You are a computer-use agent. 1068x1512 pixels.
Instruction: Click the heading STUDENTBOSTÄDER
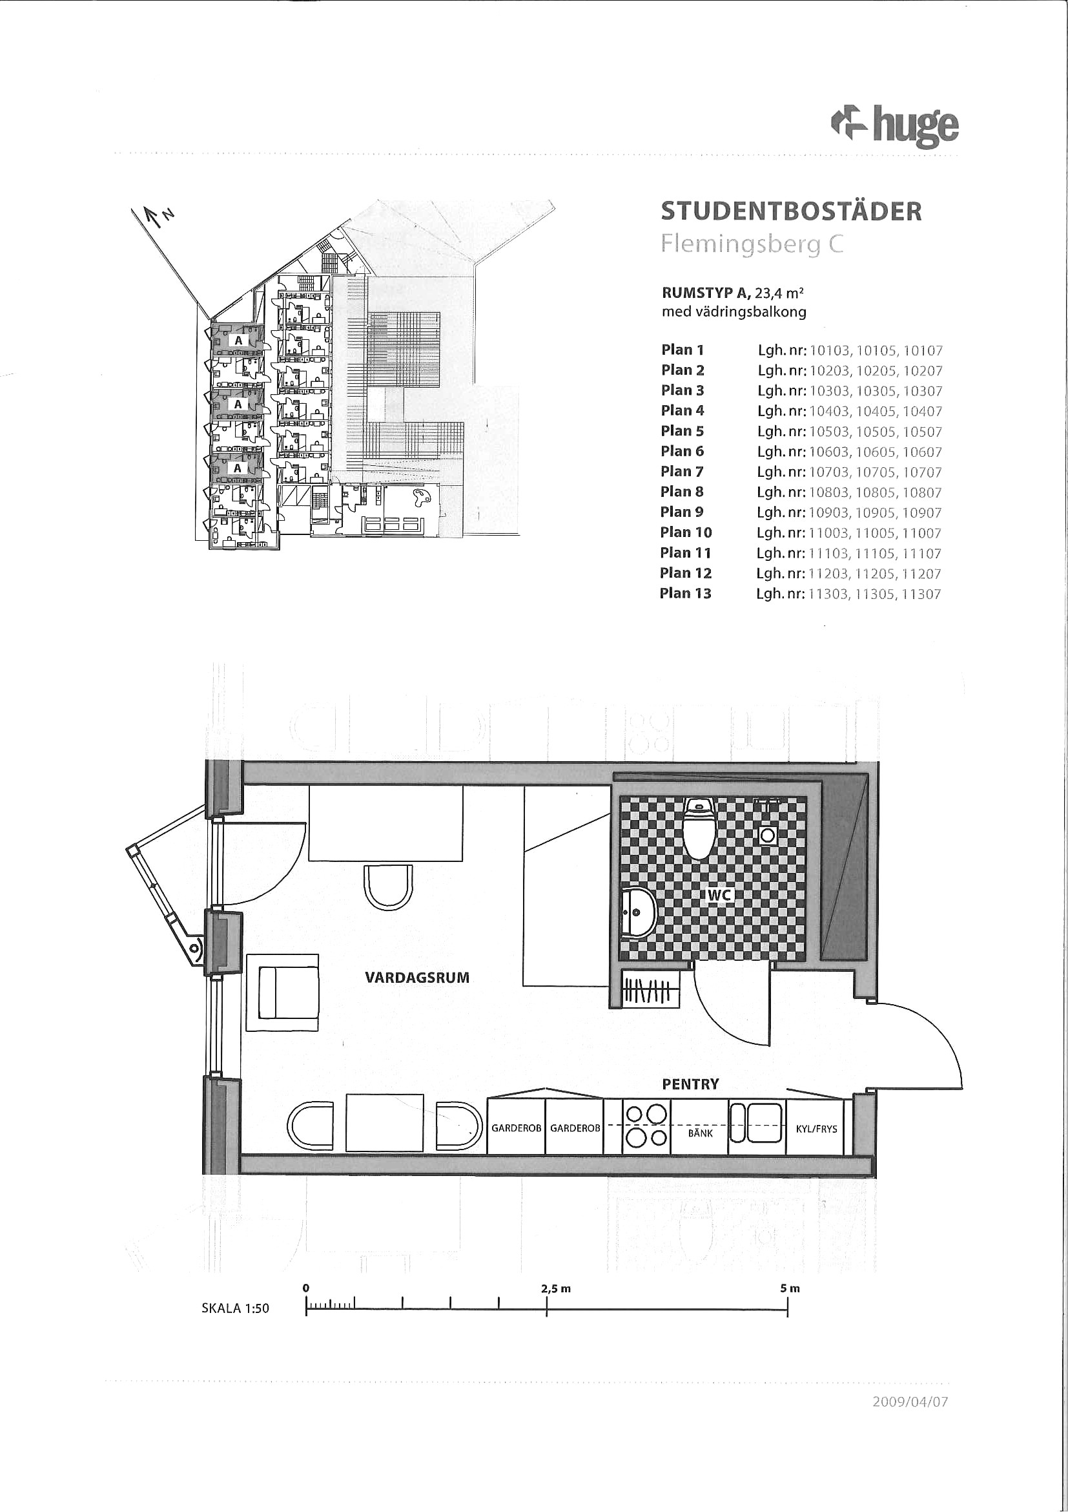pyautogui.click(x=791, y=211)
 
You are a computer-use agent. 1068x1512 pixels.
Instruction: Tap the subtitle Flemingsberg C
pyautogui.click(x=752, y=245)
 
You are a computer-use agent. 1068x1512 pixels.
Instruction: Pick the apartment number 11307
pyautogui.click(x=921, y=594)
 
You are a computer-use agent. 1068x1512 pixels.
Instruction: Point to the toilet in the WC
pyautogui.click(x=699, y=828)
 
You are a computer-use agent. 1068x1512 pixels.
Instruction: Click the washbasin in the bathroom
pyautogui.click(x=639, y=913)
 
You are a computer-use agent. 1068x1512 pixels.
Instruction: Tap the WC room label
pyautogui.click(x=719, y=895)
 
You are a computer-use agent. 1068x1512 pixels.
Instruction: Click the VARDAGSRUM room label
pyautogui.click(x=417, y=978)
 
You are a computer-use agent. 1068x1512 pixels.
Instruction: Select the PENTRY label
pyautogui.click(x=690, y=1084)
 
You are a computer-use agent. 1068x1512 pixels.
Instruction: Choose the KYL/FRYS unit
pyautogui.click(x=816, y=1128)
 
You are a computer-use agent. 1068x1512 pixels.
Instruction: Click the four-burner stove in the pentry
pyautogui.click(x=646, y=1128)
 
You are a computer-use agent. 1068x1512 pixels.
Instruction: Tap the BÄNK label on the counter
pyautogui.click(x=700, y=1133)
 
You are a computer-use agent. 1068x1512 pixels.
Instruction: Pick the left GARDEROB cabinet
pyautogui.click(x=516, y=1128)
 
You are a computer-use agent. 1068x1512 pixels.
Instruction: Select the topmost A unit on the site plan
pyautogui.click(x=238, y=341)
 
